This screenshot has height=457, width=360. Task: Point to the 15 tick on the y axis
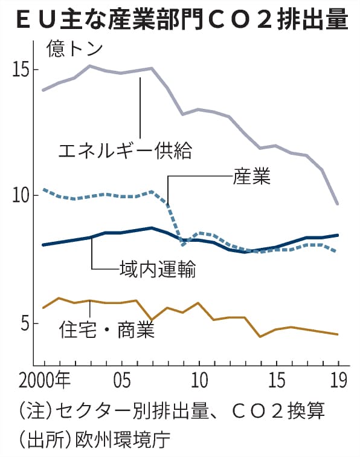pos(22,70)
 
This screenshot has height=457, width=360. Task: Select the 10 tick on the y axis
pos(22,196)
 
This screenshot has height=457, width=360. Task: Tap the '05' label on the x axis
pos(121,381)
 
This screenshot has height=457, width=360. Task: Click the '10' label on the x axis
pos(199,381)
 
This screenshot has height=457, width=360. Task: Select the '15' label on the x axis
pos(277,381)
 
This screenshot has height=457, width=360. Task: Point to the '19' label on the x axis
pos(338,381)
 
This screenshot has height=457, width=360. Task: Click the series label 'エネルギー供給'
pos(125,149)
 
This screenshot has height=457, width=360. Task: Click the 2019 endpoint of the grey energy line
pos(338,204)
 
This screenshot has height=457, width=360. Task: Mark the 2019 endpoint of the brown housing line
pos(338,334)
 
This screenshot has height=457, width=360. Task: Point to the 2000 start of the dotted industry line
pos(43,189)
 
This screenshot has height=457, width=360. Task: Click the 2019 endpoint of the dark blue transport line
pos(338,235)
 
